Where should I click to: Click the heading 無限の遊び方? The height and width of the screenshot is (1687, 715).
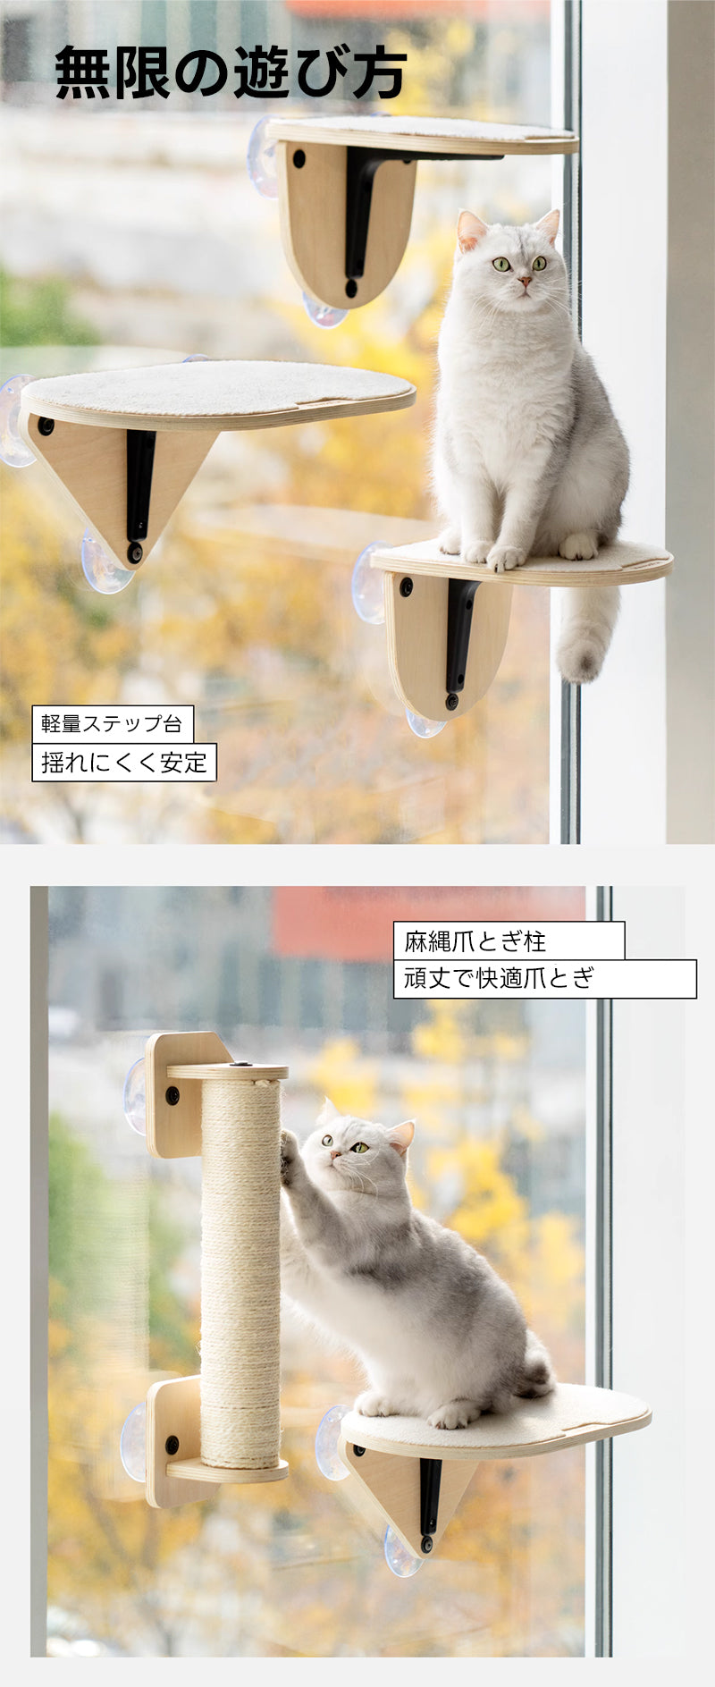(231, 72)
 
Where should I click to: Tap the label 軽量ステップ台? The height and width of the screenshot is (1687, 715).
(112, 723)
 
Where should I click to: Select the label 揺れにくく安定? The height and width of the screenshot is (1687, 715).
(124, 763)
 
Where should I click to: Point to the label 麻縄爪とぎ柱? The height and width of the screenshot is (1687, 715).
(475, 941)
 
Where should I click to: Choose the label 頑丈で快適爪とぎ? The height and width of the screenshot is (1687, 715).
(500, 978)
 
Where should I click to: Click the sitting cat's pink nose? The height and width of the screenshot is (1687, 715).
(523, 283)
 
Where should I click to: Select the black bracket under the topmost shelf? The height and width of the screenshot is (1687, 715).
(366, 215)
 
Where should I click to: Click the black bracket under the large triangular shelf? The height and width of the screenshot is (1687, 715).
(139, 487)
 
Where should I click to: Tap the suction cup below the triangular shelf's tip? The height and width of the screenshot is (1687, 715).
(105, 563)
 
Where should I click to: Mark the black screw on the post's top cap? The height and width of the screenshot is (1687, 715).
(240, 1066)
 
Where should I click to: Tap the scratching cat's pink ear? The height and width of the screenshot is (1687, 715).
(402, 1135)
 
